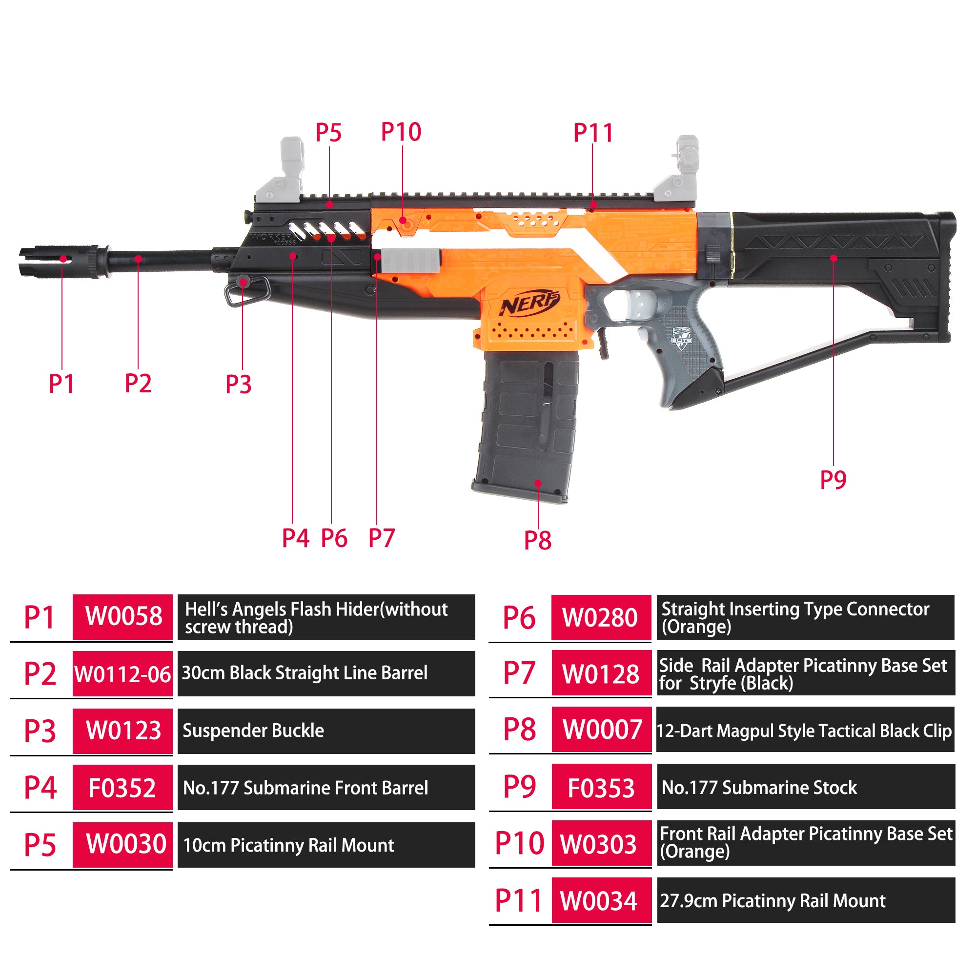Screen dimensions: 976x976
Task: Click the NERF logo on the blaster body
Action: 529,303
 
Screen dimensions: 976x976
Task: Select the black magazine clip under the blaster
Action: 526,427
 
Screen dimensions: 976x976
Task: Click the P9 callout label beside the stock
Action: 833,479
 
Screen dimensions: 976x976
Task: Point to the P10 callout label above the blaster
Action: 401,132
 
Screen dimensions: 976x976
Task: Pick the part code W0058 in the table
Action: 123,616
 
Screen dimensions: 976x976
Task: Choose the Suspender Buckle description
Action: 253,731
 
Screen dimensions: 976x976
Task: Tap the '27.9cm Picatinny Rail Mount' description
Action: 773,901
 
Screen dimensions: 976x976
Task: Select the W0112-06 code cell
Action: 123,674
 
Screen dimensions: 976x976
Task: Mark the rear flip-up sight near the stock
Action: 677,169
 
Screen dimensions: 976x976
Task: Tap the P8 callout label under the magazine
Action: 537,541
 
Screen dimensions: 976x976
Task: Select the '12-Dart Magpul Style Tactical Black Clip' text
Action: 804,731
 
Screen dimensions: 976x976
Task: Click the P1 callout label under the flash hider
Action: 61,384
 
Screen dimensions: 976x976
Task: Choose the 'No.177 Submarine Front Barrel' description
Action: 305,788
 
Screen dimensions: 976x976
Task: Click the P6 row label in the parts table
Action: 519,617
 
